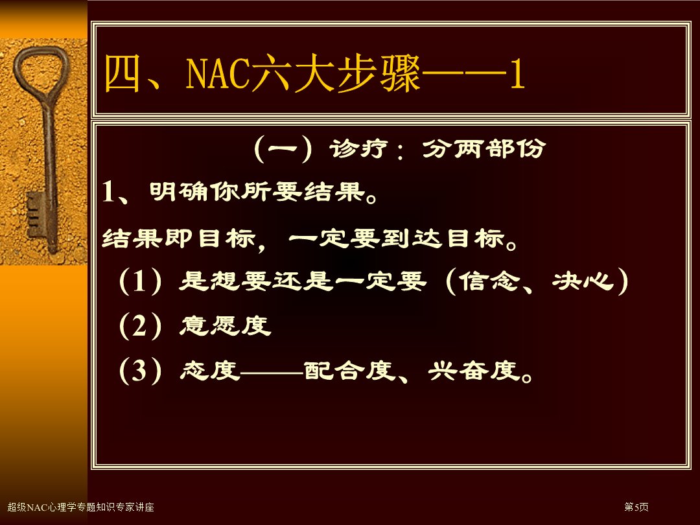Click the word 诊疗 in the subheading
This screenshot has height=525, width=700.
tap(358, 148)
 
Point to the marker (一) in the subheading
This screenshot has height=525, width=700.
tap(283, 148)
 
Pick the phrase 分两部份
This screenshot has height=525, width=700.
tap(484, 148)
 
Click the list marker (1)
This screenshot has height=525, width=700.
tap(140, 281)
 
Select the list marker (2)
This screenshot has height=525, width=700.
tap(140, 326)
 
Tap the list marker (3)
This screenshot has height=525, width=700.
tap(140, 371)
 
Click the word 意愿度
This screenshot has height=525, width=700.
tap(226, 325)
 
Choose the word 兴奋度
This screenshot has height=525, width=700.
tap(474, 371)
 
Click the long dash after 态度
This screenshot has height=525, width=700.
tap(272, 371)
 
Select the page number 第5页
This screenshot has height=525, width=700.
tap(636, 507)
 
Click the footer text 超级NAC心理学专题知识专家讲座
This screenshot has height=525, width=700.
tap(81, 507)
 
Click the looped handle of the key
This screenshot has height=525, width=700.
tap(41, 71)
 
